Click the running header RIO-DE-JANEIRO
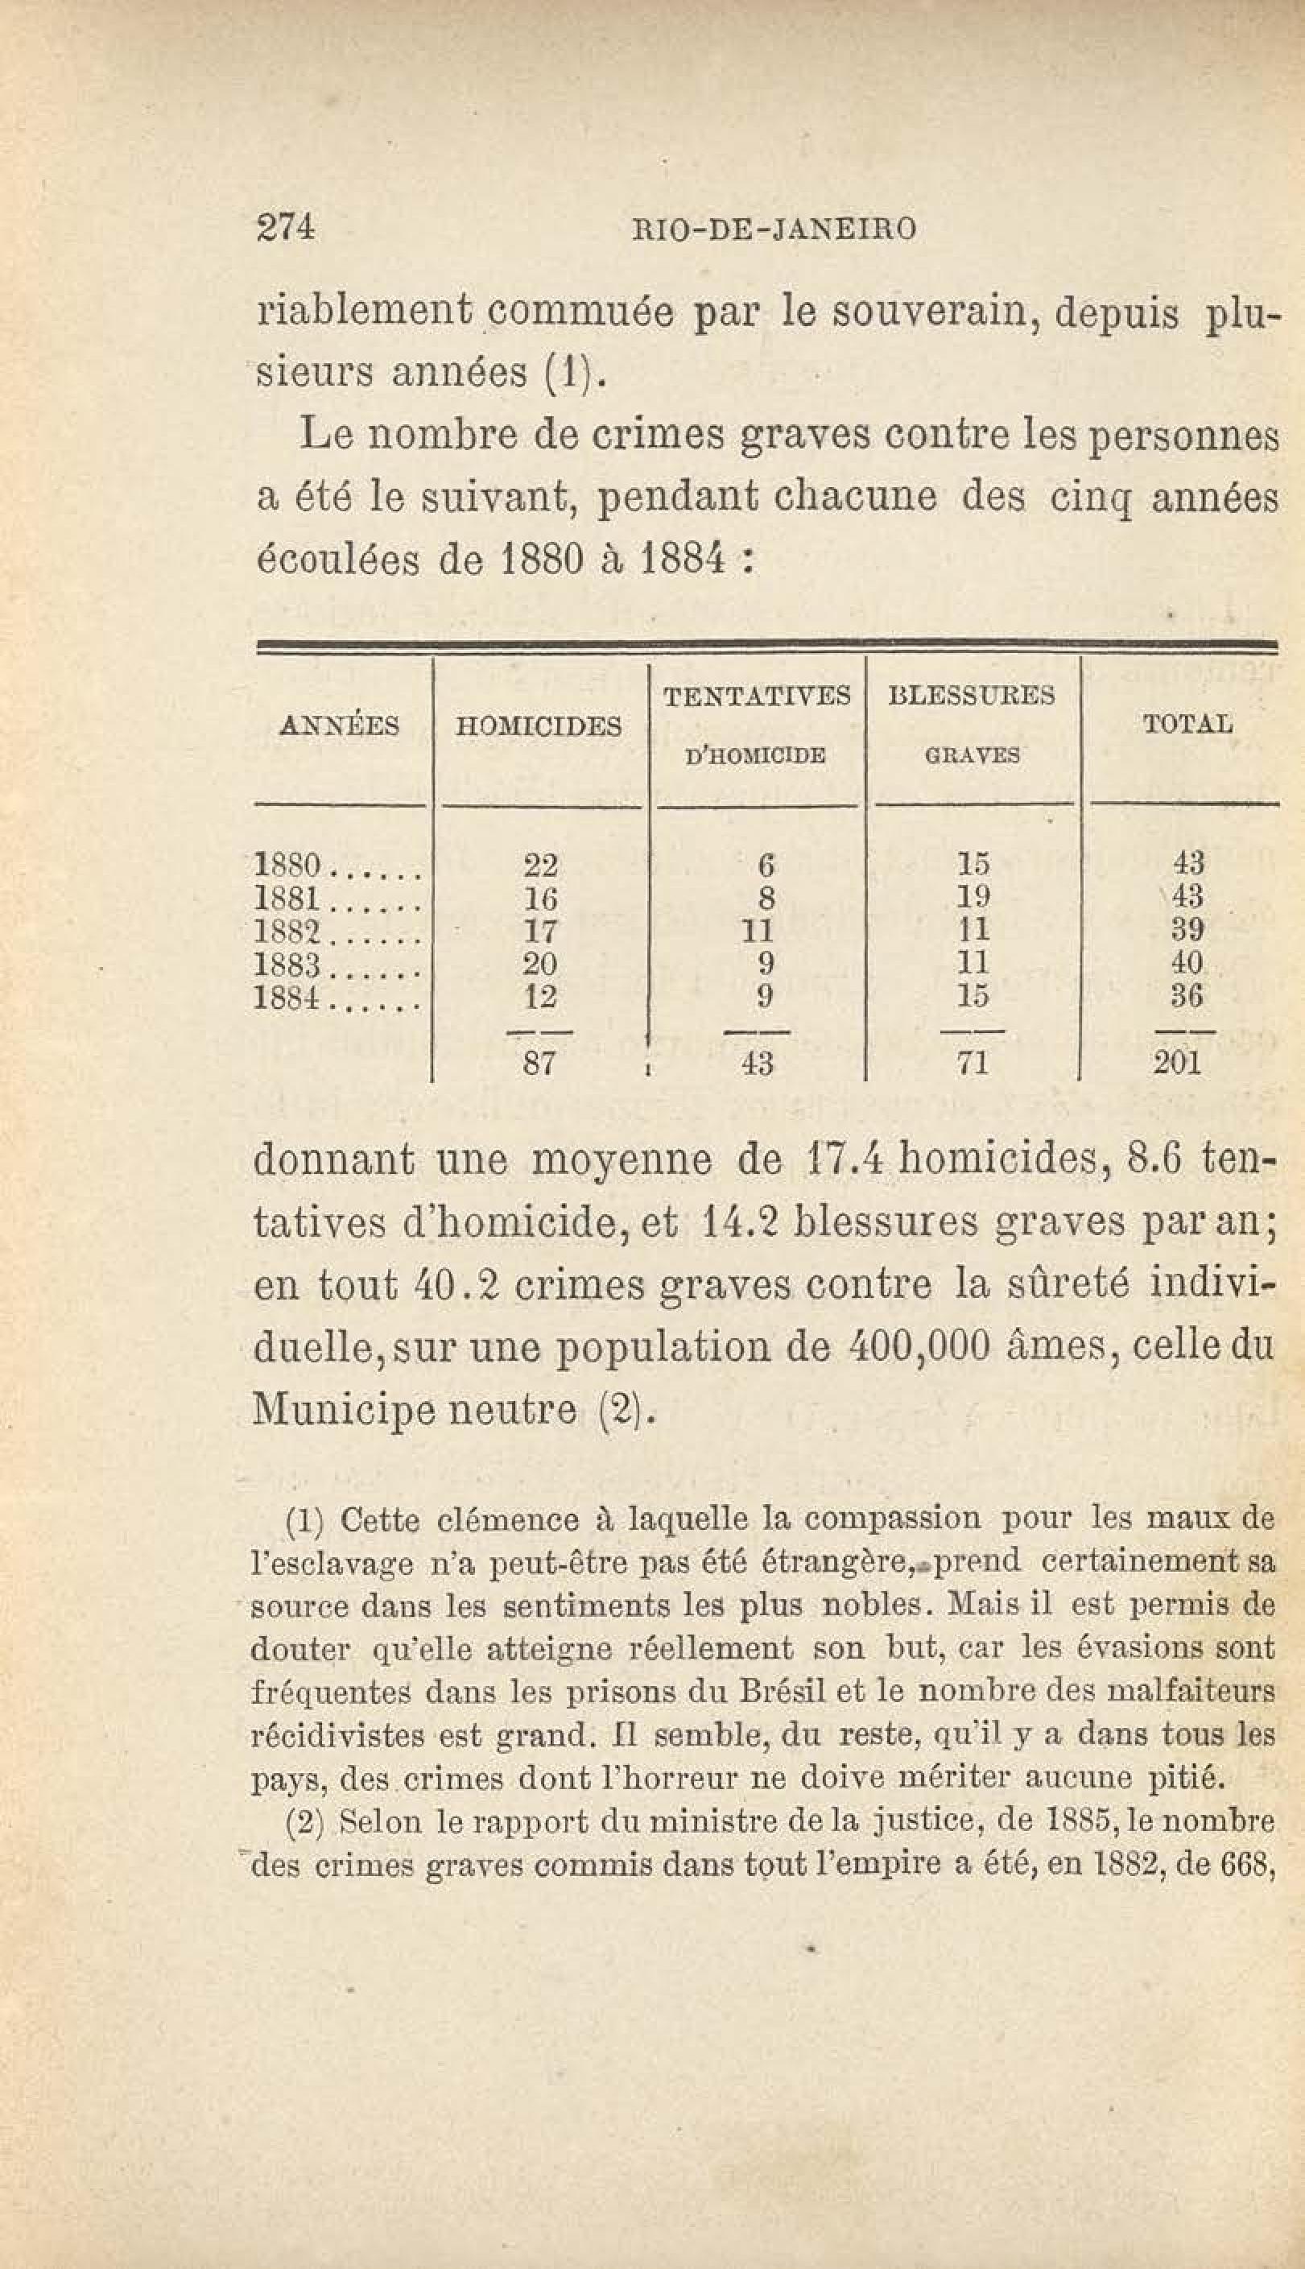(x=774, y=230)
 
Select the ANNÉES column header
(x=340, y=725)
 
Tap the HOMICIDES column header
(x=538, y=725)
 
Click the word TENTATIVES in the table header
(x=757, y=696)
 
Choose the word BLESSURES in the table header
(x=972, y=696)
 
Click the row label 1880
(x=287, y=866)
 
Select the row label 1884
(x=287, y=998)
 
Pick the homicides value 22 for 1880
(x=539, y=866)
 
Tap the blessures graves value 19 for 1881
(x=973, y=898)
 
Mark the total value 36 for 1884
(x=1187, y=997)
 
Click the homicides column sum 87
(x=539, y=1064)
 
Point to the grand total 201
(x=1175, y=1064)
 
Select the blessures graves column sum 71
(x=973, y=1064)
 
